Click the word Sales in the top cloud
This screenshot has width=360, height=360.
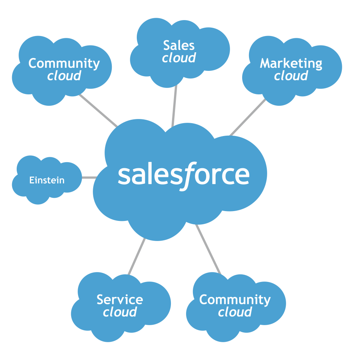pos(179,45)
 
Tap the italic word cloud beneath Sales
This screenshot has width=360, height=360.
pos(179,58)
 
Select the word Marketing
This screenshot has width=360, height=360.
pos(291,63)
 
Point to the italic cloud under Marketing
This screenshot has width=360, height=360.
pos(291,76)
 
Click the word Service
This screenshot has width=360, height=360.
pos(120,300)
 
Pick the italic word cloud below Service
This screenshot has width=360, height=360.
pos(120,312)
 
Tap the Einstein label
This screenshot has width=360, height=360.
pos(47,180)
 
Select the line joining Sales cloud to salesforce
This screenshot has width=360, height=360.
pos(174,106)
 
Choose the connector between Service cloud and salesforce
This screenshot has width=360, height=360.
pos(137,256)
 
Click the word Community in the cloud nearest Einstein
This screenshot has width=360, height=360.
pos(64,63)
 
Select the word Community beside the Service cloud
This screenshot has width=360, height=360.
pos(235,300)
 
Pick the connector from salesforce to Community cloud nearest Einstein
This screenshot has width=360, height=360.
pos(98,110)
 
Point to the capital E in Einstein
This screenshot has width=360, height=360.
pos(31,180)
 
